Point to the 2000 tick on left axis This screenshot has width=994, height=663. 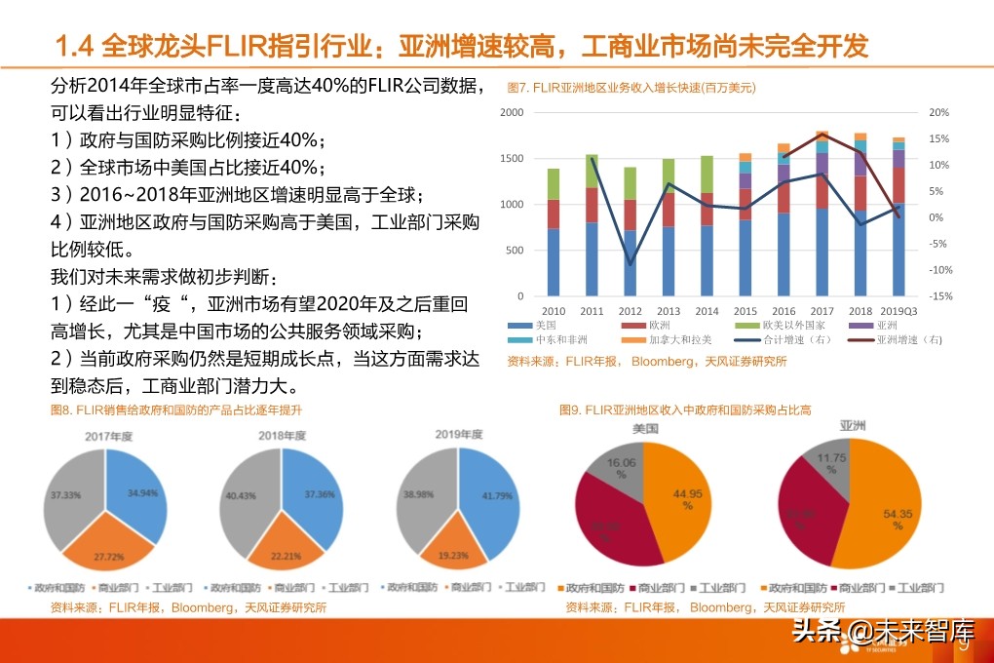[512, 113]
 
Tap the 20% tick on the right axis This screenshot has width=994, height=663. [938, 113]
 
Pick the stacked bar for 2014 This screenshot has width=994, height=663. [707, 226]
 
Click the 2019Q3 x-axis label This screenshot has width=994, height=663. [898, 312]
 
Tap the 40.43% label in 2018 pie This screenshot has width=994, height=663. [240, 495]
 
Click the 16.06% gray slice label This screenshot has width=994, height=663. [621, 469]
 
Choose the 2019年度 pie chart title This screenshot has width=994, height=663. [460, 435]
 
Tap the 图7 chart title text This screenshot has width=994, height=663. [631, 88]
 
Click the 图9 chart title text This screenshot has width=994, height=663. [685, 410]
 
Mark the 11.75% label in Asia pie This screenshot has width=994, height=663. [830, 463]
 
